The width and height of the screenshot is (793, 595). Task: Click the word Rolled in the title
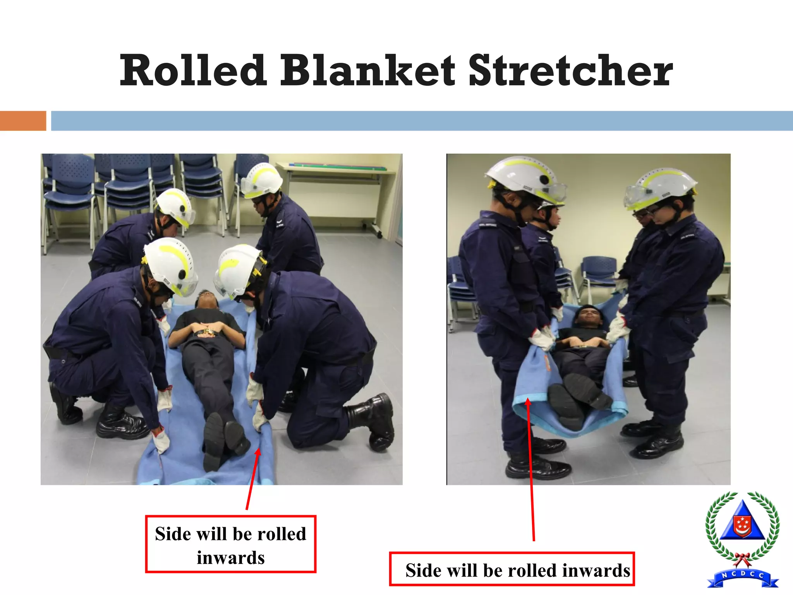click(x=193, y=71)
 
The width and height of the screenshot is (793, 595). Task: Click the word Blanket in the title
click(x=367, y=71)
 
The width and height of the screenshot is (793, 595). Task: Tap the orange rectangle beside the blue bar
click(x=23, y=120)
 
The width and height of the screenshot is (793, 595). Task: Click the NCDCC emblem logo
click(x=742, y=538)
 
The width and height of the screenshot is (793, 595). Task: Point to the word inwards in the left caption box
click(x=231, y=558)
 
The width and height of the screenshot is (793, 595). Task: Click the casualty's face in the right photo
click(x=587, y=316)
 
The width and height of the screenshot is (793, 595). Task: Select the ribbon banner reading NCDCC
click(x=742, y=579)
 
